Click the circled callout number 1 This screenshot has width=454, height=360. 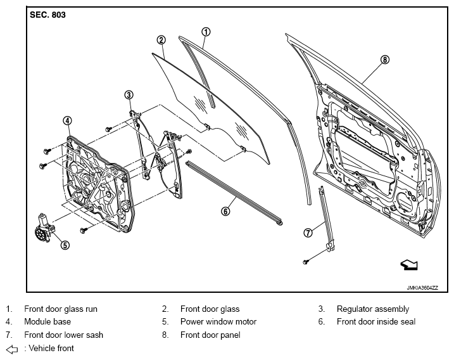pos(206,32)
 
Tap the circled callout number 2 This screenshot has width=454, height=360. pos(161,40)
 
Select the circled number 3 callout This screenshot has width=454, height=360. pos(129,95)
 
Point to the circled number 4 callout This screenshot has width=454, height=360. pos(67,120)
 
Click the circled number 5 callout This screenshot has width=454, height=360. pos(65,245)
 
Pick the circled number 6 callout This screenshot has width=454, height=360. pos(225,211)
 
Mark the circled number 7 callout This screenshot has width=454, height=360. pos(308,233)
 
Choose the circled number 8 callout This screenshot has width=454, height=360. pos(384,60)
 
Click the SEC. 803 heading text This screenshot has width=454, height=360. pos(47,15)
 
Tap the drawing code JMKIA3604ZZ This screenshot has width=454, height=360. pos(422,288)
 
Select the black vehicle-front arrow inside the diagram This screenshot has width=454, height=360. pos(409,265)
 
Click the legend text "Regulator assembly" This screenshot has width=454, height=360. pos(373,309)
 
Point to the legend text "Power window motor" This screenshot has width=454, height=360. pos(218,322)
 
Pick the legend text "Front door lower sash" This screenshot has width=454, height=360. pos(64,335)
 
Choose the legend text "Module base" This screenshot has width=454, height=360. pos(47,322)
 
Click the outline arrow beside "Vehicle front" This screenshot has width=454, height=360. pos(12,349)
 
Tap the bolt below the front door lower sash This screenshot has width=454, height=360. pos(305,262)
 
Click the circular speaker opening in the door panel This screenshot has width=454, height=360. pos(405,203)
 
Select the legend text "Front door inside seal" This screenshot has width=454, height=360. pos(376,322)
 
